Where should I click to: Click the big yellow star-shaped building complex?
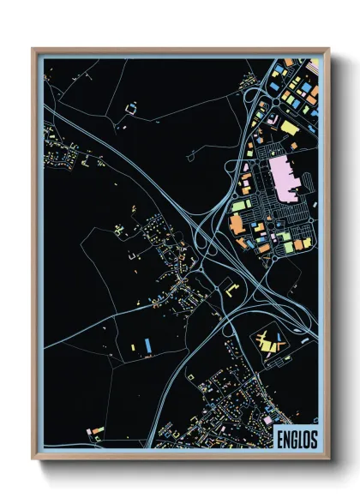tap(269, 341)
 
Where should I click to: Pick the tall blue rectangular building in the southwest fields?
tap(147, 344)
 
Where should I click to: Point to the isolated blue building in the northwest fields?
tap(131, 108)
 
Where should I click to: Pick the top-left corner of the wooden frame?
tap(33, 49)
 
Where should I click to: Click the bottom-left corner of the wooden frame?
tap(33, 459)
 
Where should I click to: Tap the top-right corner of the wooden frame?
tap(328, 49)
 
